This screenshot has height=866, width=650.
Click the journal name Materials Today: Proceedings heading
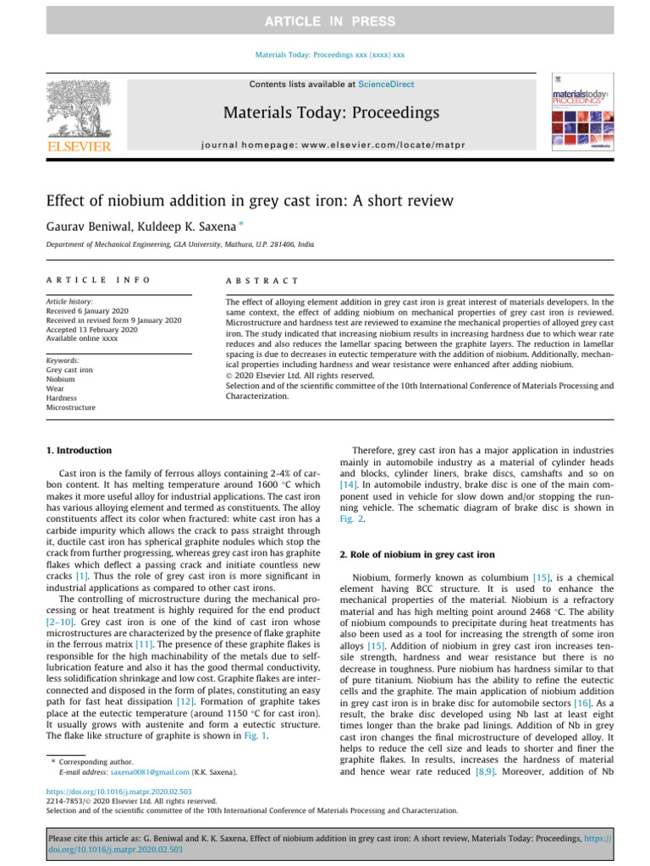coord(330,112)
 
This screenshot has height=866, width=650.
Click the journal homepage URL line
coord(330,144)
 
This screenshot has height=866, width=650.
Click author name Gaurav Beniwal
coord(84,225)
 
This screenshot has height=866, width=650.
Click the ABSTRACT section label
coord(262,280)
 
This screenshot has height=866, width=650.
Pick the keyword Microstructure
coord(70,407)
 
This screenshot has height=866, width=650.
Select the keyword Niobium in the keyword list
coord(61,379)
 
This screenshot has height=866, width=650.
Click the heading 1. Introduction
coord(78,451)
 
